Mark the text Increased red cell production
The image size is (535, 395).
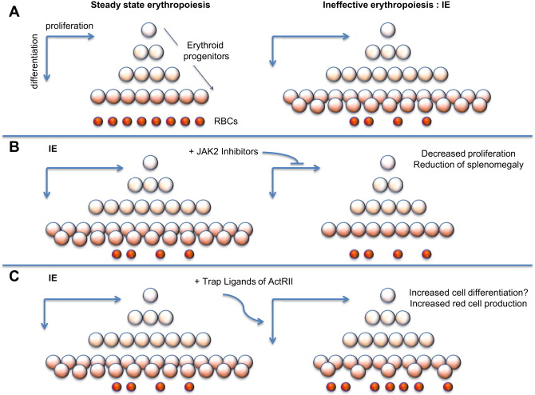tap(454, 307)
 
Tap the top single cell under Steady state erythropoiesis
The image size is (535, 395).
tap(149, 31)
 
